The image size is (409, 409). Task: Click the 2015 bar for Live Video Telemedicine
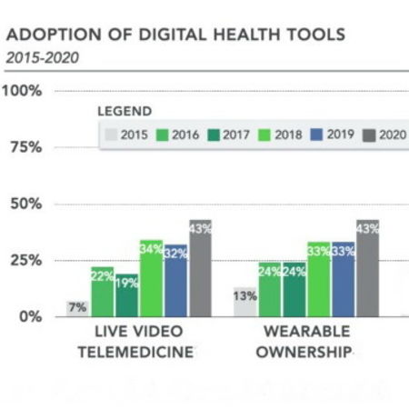78,308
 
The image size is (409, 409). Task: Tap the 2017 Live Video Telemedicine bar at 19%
126,295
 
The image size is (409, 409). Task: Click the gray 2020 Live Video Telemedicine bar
199,268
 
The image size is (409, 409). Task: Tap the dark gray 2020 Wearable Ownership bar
367,268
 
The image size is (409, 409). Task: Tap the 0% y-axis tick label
29,316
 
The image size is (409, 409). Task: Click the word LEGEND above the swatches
125,112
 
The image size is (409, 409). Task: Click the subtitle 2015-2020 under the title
42,57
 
